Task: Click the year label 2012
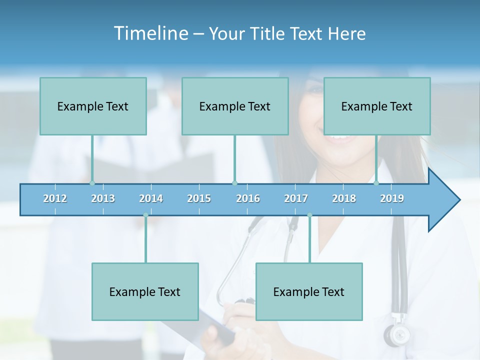click(x=55, y=198)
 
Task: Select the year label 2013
click(x=103, y=198)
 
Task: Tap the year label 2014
click(x=151, y=198)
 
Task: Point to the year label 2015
click(x=199, y=198)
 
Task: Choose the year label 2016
click(x=248, y=198)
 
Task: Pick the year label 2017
click(x=296, y=198)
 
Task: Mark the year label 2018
click(x=344, y=198)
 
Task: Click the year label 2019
click(x=392, y=198)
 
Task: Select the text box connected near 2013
click(x=93, y=106)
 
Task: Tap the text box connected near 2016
click(x=235, y=106)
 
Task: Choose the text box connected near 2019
click(x=377, y=106)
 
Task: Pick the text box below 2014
click(x=145, y=291)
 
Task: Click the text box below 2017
click(x=309, y=291)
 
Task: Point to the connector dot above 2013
click(x=92, y=183)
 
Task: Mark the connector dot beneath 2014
click(x=145, y=215)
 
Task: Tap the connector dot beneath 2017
click(x=309, y=215)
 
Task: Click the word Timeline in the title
click(x=150, y=33)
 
